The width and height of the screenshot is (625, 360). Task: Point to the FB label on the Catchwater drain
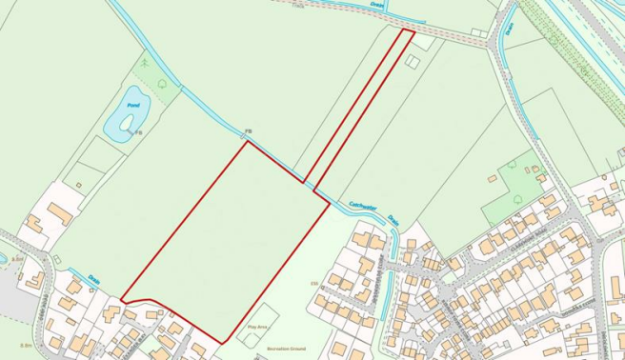pos(248,130)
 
